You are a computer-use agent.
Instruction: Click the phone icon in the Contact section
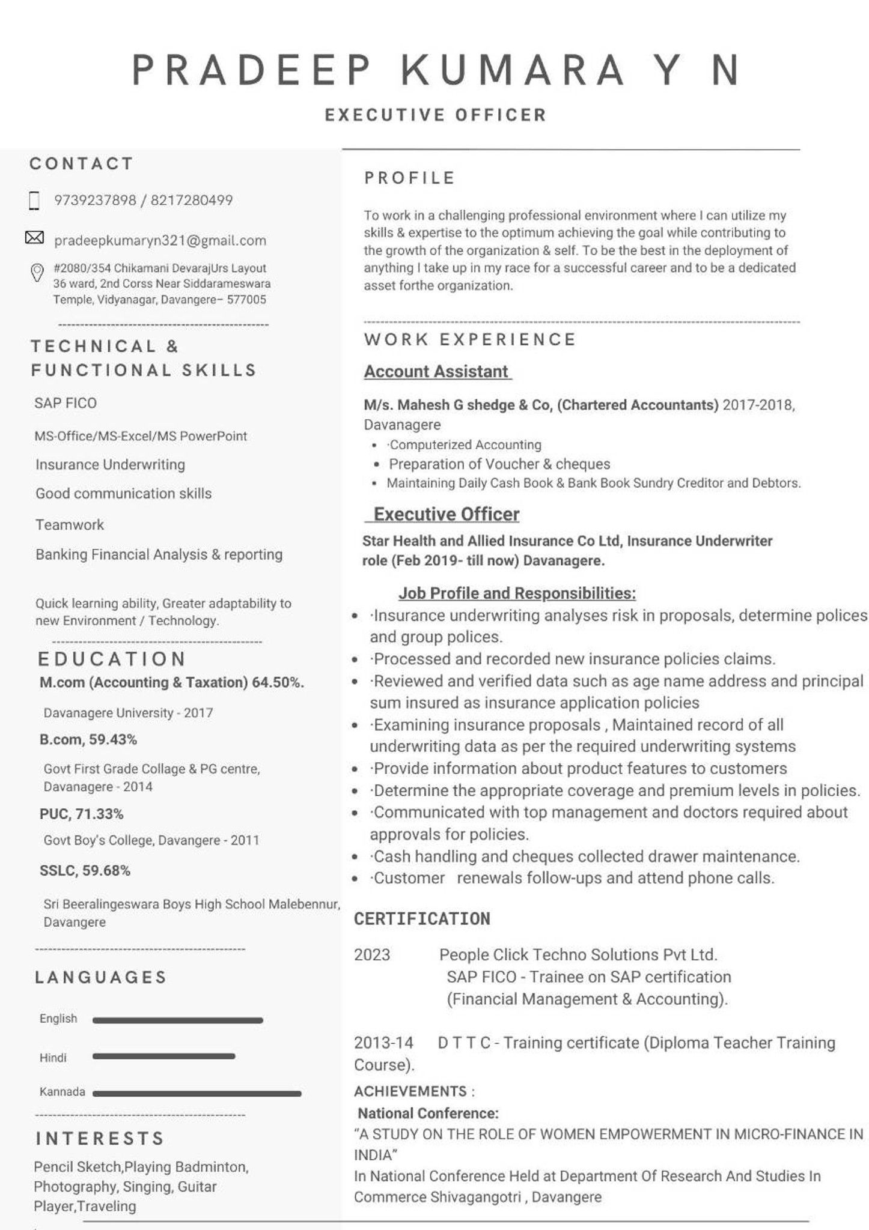34,201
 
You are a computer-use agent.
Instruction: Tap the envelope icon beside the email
34,238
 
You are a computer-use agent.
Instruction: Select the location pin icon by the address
37,273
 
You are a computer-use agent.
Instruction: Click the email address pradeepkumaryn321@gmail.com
160,241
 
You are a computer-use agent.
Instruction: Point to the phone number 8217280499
192,200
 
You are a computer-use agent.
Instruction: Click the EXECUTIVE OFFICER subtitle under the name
436,115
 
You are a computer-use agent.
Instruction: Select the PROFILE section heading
410,178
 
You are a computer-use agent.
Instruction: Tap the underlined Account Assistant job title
437,372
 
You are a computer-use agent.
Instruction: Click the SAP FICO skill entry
66,403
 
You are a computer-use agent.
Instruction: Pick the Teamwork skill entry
70,525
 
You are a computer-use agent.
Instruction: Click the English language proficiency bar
177,1020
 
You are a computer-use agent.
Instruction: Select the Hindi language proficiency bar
163,1056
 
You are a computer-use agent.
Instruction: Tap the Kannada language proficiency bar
197,1094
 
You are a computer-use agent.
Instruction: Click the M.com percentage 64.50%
278,682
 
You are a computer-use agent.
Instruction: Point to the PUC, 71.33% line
82,814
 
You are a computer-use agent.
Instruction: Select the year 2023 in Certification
372,955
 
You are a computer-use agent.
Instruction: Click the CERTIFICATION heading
422,919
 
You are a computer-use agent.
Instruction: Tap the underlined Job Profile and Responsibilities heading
517,593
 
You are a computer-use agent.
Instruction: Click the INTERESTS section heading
100,1139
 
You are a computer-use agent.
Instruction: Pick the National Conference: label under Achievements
428,1113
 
